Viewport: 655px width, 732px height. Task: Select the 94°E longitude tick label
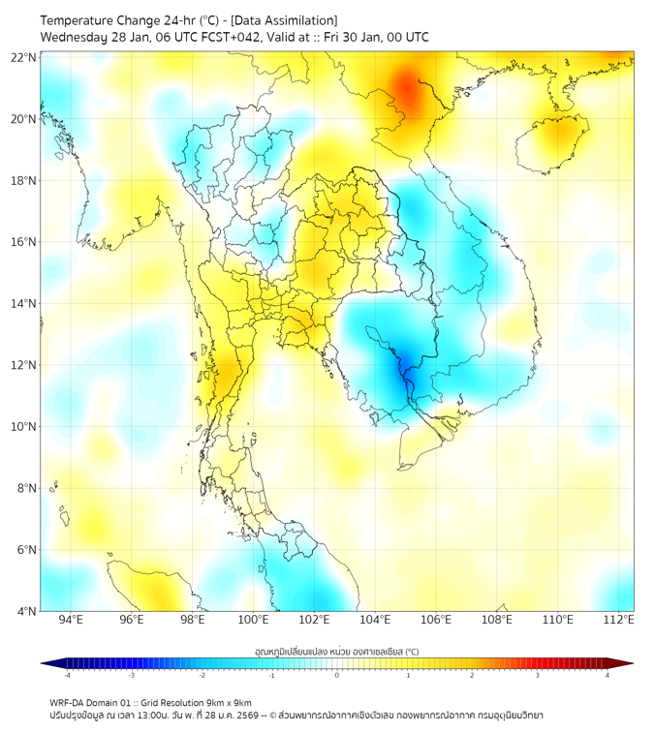click(x=71, y=620)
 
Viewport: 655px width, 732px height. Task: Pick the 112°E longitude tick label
click(x=619, y=620)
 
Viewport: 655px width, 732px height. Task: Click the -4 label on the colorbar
click(x=67, y=675)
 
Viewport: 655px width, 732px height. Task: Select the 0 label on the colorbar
click(x=337, y=675)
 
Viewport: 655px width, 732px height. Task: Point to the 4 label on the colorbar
click(x=608, y=675)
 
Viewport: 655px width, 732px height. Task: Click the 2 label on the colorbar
click(x=472, y=675)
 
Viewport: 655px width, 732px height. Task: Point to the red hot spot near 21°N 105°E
click(x=408, y=91)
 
